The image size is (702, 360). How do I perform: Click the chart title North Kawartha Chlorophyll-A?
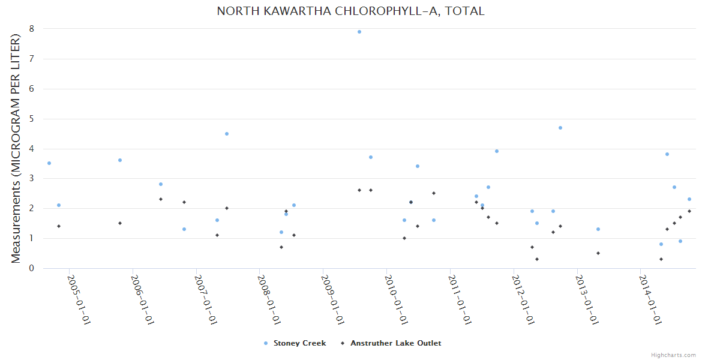[350, 11]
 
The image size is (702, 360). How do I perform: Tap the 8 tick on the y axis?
[31, 29]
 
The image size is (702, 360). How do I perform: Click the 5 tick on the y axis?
[31, 119]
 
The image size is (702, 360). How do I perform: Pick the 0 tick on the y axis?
[31, 268]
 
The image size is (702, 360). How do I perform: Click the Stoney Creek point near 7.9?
[359, 32]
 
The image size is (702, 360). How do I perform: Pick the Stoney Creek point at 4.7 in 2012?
[560, 128]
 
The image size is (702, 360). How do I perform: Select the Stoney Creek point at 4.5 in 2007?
[227, 134]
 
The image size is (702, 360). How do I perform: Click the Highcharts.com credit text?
[673, 355]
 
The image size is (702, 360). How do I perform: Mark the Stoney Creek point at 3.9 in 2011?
[497, 151]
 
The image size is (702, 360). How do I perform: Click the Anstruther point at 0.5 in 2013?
[598, 253]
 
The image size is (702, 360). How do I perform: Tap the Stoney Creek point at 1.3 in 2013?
[598, 229]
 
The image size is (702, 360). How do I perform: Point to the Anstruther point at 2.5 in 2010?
[434, 193]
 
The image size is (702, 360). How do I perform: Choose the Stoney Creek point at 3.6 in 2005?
[120, 160]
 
